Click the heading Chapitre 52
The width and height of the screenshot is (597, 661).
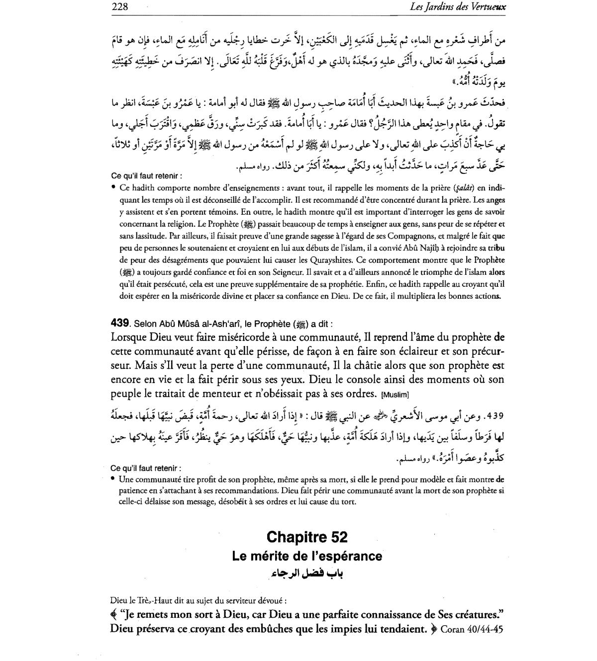(307, 537)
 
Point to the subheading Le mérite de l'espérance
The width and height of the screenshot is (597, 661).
(307, 556)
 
